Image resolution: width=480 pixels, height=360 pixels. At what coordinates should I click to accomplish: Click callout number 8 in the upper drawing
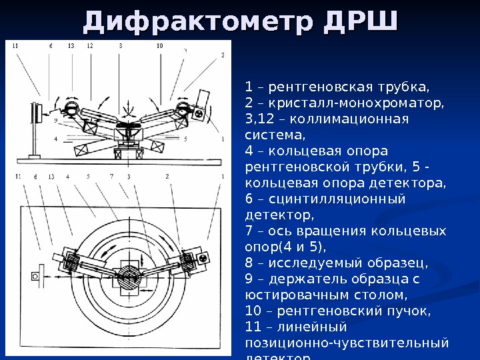click(x=121, y=46)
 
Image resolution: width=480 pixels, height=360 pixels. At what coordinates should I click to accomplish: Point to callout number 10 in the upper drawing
click(x=159, y=46)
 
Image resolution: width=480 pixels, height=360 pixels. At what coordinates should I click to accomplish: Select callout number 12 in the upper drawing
click(x=89, y=46)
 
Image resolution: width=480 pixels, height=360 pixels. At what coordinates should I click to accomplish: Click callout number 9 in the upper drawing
click(x=55, y=121)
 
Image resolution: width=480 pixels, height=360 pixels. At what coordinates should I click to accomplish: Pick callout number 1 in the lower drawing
click(x=219, y=177)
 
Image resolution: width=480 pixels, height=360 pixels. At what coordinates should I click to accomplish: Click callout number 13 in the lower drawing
click(x=51, y=177)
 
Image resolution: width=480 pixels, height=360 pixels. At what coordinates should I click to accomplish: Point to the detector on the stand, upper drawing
click(x=32, y=120)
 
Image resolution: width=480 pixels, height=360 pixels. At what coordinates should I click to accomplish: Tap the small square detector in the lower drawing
click(x=41, y=273)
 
